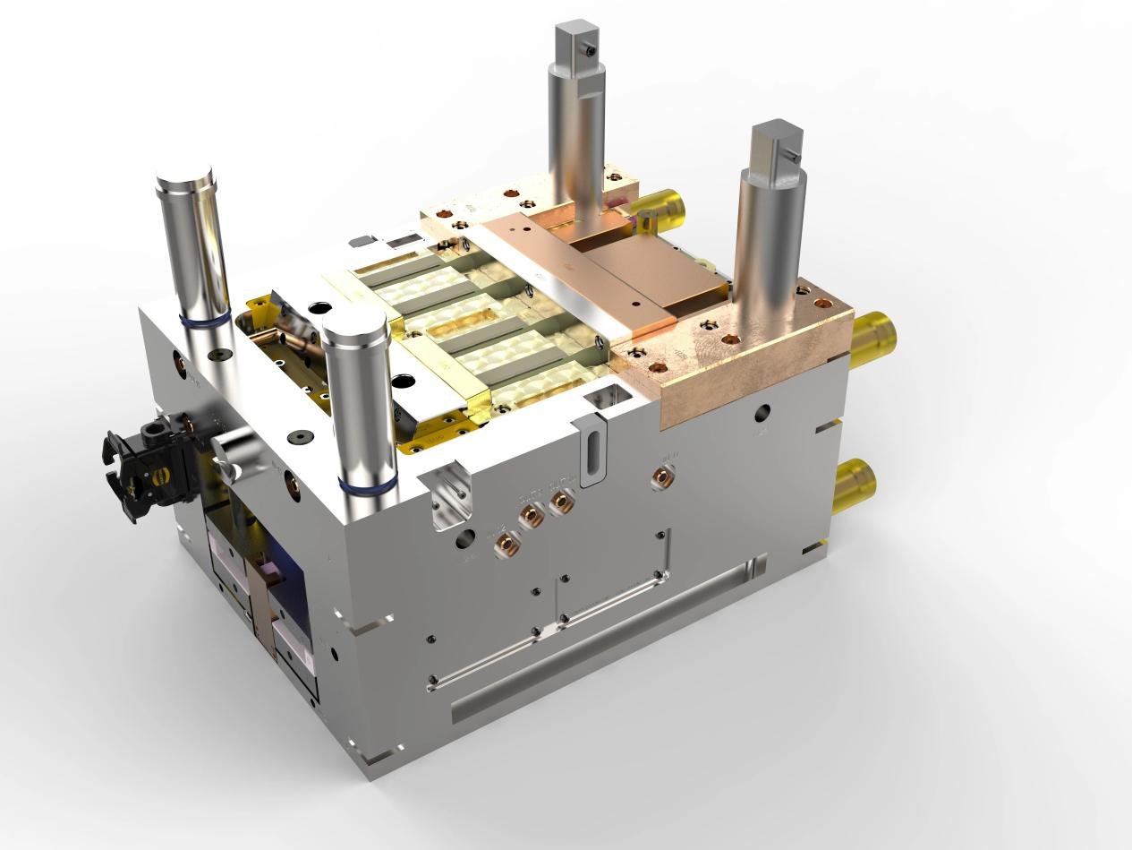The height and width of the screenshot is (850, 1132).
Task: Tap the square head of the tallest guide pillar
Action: point(573,45)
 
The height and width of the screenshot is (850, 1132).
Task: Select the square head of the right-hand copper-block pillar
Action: point(776,147)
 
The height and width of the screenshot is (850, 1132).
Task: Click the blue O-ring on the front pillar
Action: point(368,486)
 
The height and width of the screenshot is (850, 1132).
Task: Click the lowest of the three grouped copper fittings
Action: point(506,542)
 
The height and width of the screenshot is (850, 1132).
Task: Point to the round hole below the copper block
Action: point(762,413)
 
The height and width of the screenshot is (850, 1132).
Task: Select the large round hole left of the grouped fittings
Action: point(464,538)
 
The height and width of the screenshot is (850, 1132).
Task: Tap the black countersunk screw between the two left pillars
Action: point(294,437)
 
